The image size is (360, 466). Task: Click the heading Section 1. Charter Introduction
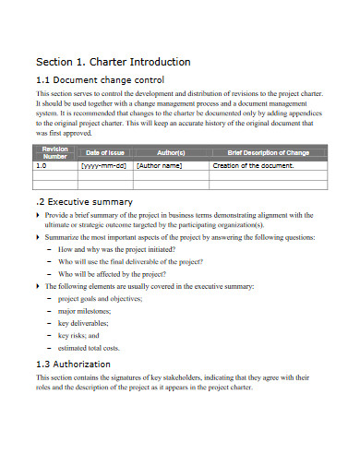113,62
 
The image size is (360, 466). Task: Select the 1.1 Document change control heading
100,80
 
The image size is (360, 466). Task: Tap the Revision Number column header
54,151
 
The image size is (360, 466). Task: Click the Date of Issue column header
104,151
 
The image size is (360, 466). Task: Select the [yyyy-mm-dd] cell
104,166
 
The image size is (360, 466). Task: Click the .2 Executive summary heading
84,201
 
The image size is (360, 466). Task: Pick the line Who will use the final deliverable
130,262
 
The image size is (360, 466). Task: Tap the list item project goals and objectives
101,299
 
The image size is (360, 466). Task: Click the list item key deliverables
84,324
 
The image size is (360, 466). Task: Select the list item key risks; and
78,336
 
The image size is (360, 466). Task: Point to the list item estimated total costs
90,348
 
